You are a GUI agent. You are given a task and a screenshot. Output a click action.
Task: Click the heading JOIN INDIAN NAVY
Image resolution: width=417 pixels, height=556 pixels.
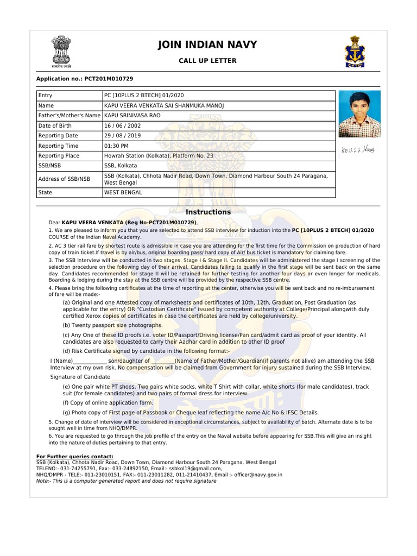pos(207,45)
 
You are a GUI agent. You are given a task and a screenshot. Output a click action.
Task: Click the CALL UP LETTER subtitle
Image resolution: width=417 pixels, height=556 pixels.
pos(207,61)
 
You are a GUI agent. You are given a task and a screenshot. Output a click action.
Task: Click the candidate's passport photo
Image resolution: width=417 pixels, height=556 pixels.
pos(359,114)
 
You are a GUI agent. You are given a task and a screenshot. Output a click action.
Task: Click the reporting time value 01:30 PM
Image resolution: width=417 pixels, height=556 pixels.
pos(116,146)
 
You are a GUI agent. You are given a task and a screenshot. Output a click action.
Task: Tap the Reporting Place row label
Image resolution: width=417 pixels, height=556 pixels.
pos(58,156)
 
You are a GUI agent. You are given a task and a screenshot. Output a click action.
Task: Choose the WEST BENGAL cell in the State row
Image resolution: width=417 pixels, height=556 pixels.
pos(123,192)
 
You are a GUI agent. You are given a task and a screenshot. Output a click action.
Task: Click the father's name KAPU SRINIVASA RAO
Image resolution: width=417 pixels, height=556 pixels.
pos(132,116)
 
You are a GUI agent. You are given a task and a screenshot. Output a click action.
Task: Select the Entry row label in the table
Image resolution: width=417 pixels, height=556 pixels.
pos(46,96)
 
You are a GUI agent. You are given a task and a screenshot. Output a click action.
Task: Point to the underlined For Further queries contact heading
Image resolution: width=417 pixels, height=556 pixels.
pos(75,456)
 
